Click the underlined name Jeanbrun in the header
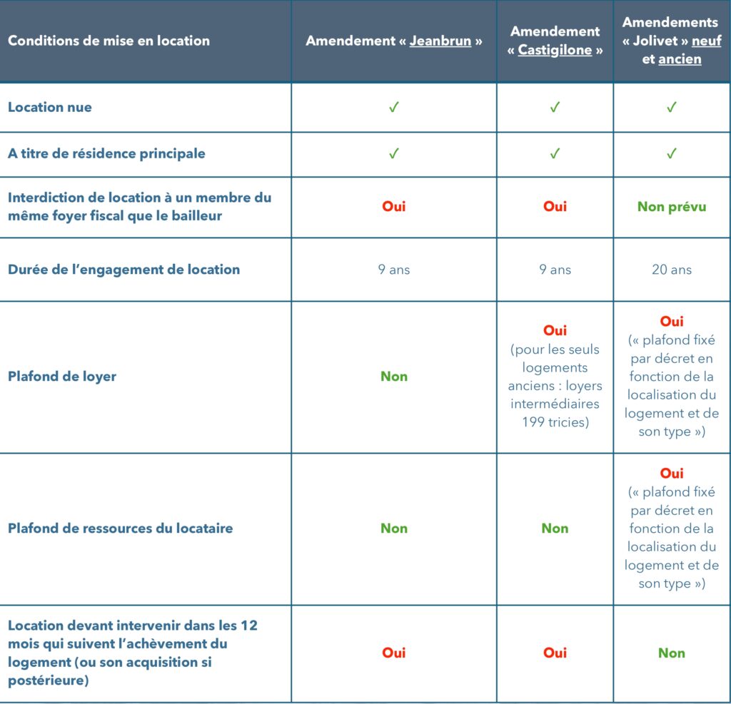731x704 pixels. tap(440, 41)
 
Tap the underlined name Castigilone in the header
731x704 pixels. tap(554, 51)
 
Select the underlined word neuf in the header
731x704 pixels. tap(706, 41)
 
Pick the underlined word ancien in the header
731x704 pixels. tap(680, 59)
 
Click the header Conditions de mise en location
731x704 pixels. tap(109, 41)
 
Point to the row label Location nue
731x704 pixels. tap(50, 107)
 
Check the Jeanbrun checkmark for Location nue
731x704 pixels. tap(393, 107)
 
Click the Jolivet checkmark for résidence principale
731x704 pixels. tap(671, 153)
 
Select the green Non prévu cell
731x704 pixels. tap(671, 206)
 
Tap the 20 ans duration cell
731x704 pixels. tap(671, 270)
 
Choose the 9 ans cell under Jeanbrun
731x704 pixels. tap(393, 270)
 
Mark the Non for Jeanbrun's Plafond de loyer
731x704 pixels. tap(393, 377)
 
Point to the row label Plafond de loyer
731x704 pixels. tap(61, 377)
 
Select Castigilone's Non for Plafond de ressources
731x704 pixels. tap(555, 529)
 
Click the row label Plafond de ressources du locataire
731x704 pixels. tap(120, 529)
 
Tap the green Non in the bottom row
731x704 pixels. tap(671, 653)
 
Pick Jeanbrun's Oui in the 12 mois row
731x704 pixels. tap(393, 653)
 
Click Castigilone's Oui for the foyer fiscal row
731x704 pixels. tap(555, 206)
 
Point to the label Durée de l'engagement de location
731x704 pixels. tap(123, 270)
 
